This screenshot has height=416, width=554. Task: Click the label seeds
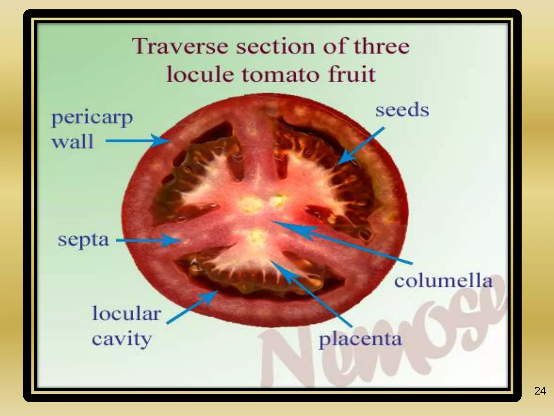point(402,110)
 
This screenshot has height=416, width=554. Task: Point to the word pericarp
point(92,118)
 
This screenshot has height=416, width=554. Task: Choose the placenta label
point(360,339)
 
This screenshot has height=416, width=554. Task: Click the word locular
point(127,313)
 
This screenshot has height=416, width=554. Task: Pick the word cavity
point(121,339)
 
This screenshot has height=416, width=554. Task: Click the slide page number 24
point(540,391)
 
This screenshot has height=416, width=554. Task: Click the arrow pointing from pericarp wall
point(137,141)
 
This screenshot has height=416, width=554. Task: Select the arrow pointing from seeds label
point(361,146)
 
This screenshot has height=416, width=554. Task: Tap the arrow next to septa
point(148,240)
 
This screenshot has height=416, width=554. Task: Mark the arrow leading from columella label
point(342,242)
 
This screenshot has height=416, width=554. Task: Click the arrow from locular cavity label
point(192,307)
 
